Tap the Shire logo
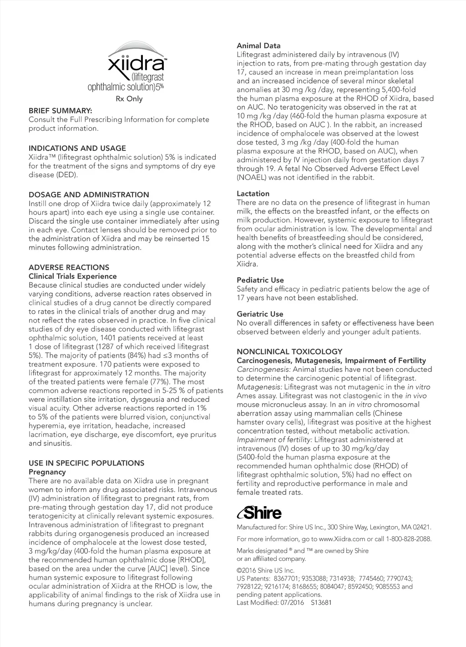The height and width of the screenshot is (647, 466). point(259,513)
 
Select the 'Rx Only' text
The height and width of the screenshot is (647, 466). point(130,99)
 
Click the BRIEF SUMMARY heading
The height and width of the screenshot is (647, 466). point(60,111)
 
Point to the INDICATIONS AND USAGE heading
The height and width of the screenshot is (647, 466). point(77,148)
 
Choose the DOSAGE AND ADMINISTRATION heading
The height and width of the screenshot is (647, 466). point(89,195)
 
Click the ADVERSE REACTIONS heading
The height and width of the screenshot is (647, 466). point(69,267)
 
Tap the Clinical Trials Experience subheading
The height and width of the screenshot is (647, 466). point(72,276)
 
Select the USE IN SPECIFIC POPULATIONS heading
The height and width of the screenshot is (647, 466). point(86,463)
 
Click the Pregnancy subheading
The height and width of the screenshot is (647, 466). point(47,472)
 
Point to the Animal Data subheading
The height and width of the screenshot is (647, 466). point(258,46)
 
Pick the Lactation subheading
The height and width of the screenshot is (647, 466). point(253,194)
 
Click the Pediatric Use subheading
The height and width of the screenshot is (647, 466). point(260,280)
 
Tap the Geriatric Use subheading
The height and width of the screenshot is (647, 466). point(259,314)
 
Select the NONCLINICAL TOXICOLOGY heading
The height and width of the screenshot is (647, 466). point(289,352)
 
